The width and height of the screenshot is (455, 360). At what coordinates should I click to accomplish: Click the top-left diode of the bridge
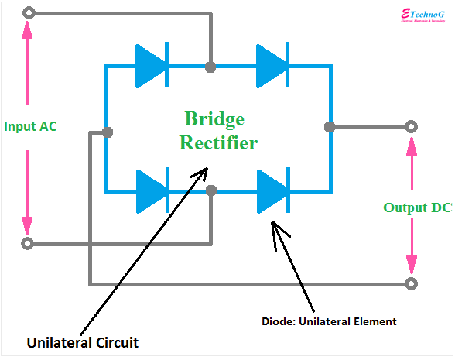click(x=152, y=67)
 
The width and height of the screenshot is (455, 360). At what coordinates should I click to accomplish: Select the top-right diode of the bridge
click(x=272, y=67)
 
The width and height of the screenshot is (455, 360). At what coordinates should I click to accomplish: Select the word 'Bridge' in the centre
click(x=214, y=119)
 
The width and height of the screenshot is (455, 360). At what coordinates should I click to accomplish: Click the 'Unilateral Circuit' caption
click(x=84, y=341)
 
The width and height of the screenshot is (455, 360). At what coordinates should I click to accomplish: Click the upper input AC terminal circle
click(x=29, y=13)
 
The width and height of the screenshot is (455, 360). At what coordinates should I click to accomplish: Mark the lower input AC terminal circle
click(x=29, y=244)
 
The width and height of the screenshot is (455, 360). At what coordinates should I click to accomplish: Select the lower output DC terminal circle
click(x=412, y=283)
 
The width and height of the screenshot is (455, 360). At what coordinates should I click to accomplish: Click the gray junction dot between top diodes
click(x=210, y=67)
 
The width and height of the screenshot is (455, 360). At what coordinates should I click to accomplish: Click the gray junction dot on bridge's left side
click(x=107, y=132)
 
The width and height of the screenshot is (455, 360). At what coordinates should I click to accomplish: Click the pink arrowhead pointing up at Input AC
click(x=29, y=29)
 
